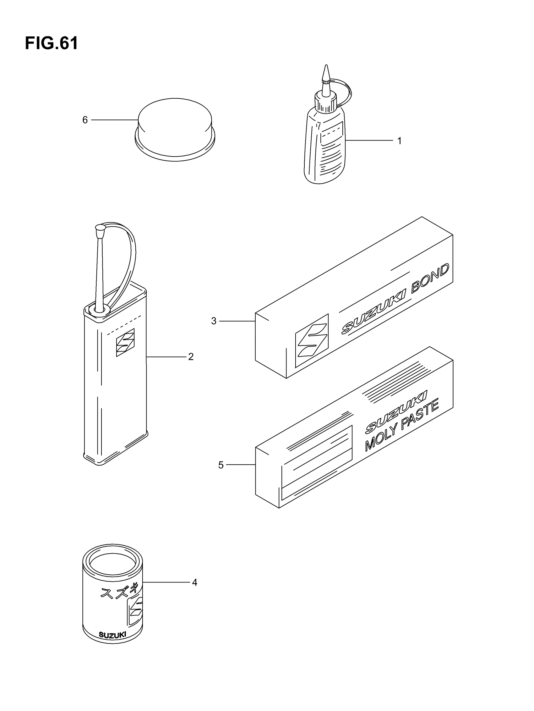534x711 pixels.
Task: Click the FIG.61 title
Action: [x=52, y=43]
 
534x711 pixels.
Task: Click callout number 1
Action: [x=399, y=141]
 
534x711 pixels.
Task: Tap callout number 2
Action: [x=191, y=356]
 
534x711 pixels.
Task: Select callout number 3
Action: [x=214, y=321]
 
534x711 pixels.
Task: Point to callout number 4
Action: [x=194, y=582]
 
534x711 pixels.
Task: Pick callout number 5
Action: [x=221, y=465]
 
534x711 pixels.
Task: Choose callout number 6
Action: [x=85, y=120]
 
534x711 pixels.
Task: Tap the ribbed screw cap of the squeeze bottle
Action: [x=325, y=102]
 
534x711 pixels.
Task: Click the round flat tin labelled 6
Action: [x=175, y=129]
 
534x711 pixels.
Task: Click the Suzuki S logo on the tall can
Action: [x=125, y=342]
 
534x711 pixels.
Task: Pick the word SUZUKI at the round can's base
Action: [x=112, y=635]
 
